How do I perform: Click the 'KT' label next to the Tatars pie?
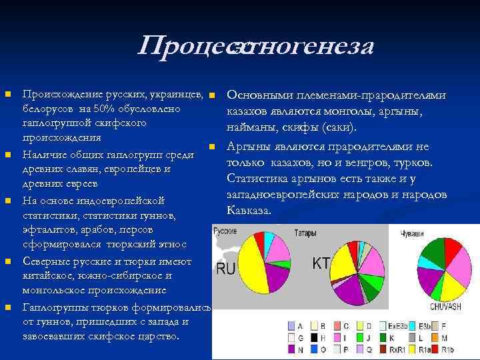321,263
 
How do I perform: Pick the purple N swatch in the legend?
291,347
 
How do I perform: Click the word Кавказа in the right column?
248,210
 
